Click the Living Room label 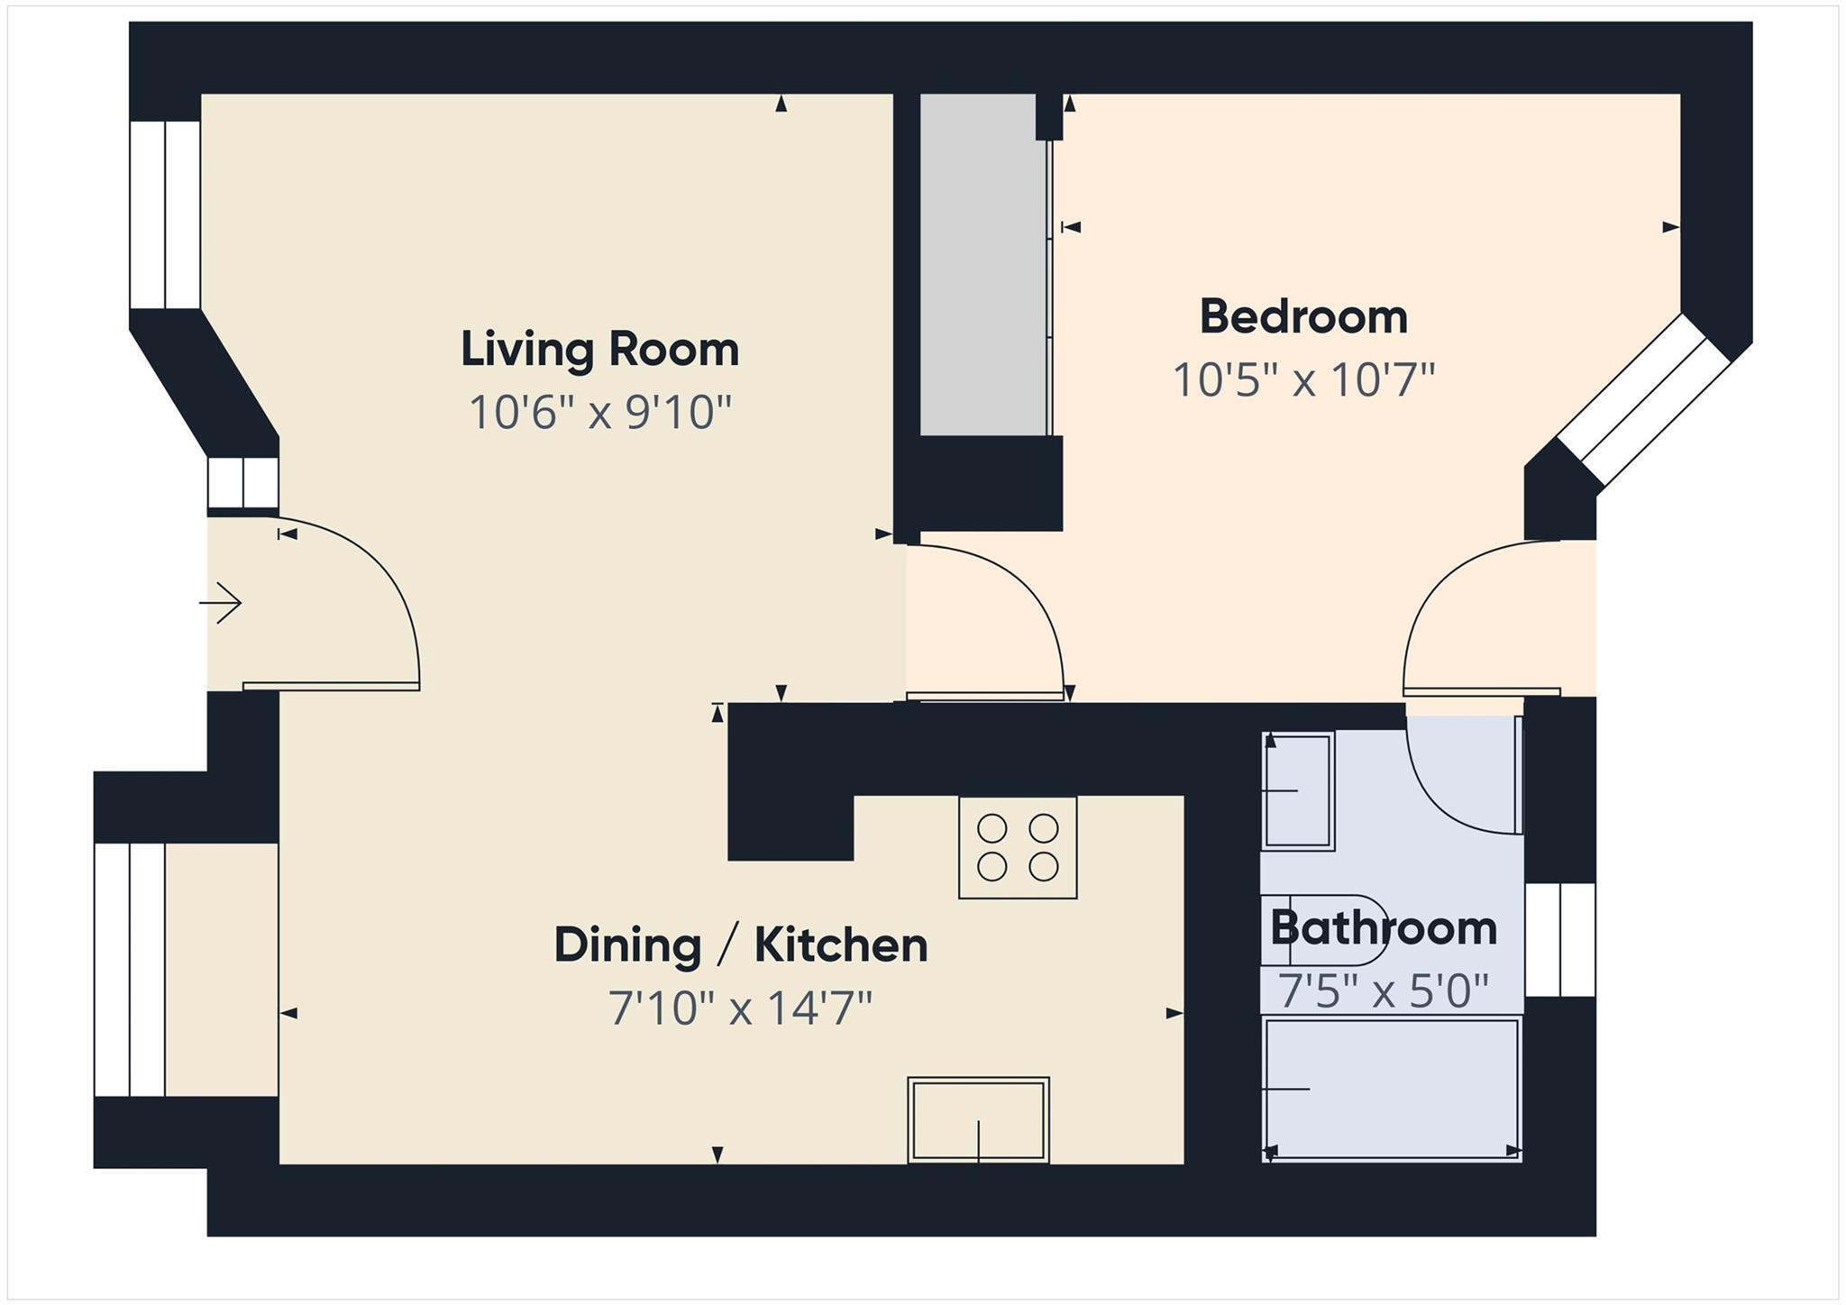tap(599, 350)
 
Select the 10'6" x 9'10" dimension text tap(599, 414)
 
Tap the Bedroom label tap(1302, 317)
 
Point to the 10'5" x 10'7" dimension tap(1302, 380)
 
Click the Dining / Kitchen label tap(740, 945)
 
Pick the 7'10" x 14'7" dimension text tap(740, 1008)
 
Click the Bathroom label tap(1383, 928)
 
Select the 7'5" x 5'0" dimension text tap(1383, 992)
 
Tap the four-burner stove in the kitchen tap(1018, 847)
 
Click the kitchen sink tap(978, 1119)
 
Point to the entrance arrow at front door tap(221, 603)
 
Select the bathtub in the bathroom tap(1392, 1089)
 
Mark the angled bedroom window tap(1642, 401)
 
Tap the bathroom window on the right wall tap(1560, 940)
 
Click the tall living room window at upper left tap(165, 214)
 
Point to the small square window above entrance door tap(242, 484)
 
